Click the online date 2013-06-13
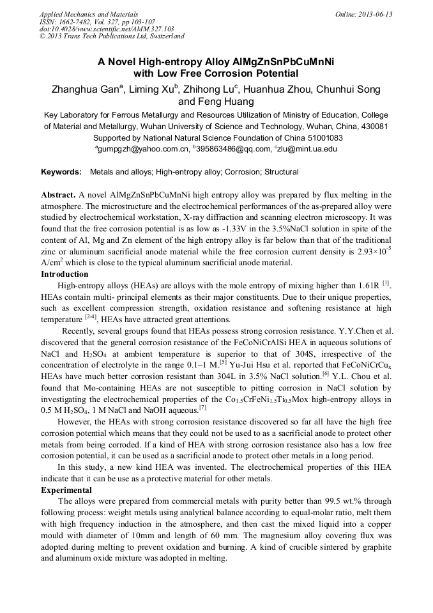tap(373, 14)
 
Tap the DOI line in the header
tap(107, 29)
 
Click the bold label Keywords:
tap(61, 173)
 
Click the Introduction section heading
tap(65, 274)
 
